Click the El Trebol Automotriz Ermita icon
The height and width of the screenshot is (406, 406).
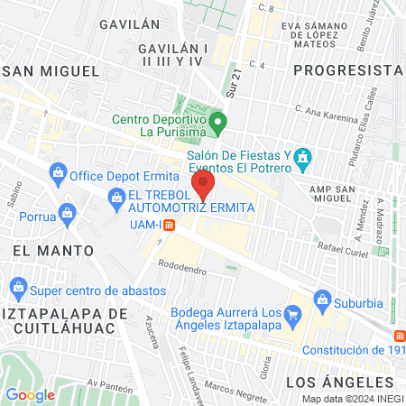point(116,196)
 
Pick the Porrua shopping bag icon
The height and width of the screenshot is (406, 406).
point(67,215)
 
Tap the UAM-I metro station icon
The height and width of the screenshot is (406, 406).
point(168,225)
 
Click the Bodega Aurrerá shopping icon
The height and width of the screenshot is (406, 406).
point(292,315)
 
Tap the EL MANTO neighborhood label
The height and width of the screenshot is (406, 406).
point(53,248)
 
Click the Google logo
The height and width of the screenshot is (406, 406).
point(30,394)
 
